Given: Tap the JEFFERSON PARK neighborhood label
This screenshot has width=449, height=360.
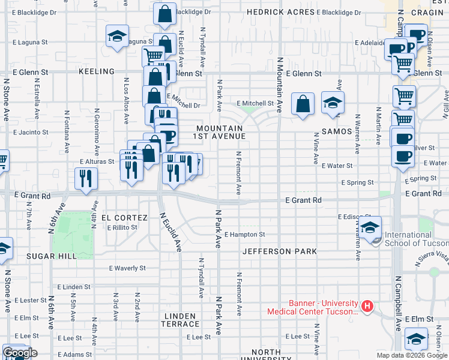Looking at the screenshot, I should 279,252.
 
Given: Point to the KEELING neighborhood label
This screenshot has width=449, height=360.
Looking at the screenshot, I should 96,71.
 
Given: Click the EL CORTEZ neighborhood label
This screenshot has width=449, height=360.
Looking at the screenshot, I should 124,217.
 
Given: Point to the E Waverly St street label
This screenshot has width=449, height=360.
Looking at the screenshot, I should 128,268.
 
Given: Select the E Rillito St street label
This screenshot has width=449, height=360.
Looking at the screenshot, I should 122,227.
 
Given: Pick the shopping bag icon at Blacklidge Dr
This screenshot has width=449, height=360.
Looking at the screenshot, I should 164,13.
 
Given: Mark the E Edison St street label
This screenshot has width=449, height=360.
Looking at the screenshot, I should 354,217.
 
